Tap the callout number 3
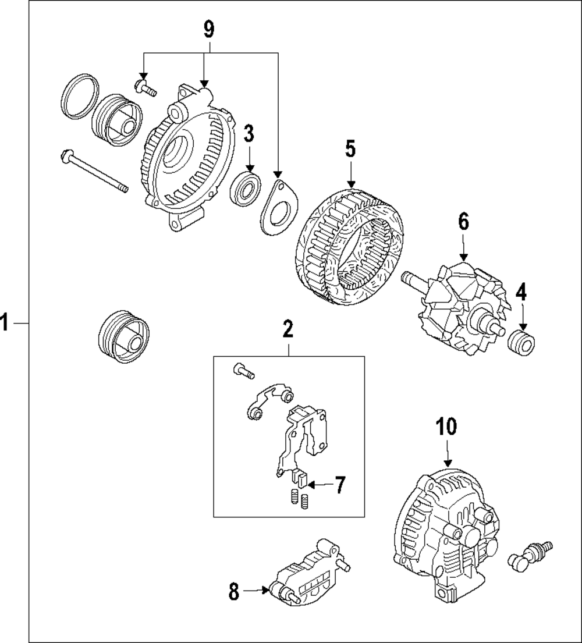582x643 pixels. tap(249, 134)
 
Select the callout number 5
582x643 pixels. tap(350, 149)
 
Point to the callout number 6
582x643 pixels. tap(463, 221)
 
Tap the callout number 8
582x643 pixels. tap(234, 592)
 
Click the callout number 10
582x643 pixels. tap(447, 427)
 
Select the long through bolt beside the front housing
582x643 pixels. tap(93, 172)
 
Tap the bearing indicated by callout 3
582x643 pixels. tap(246, 187)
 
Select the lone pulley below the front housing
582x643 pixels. tap(123, 338)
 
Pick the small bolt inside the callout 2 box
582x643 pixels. tap(243, 370)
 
